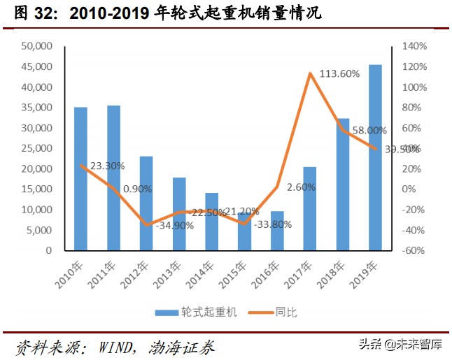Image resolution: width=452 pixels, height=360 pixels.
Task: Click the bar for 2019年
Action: (x=376, y=157)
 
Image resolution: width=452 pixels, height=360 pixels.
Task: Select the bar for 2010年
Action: (x=81, y=178)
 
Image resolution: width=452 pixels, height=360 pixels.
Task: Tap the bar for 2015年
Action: (x=244, y=232)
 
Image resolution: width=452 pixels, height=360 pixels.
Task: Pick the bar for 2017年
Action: (x=310, y=208)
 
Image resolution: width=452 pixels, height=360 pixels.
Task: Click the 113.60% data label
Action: (x=339, y=73)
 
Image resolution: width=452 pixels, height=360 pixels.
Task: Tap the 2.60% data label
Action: (x=300, y=187)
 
